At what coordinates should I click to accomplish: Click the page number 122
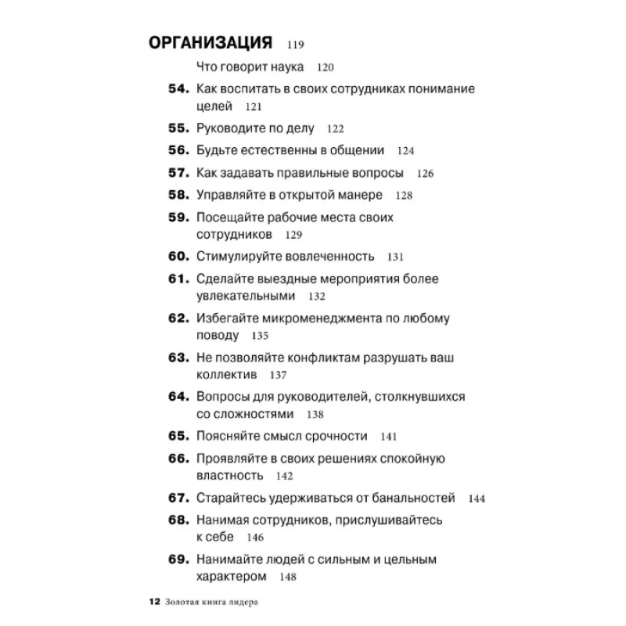click(335, 129)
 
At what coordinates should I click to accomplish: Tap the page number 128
click(404, 196)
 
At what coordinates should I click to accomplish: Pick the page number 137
click(277, 376)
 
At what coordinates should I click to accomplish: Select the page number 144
click(477, 498)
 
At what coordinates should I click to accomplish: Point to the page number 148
click(287, 577)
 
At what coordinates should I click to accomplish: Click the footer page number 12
click(153, 602)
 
